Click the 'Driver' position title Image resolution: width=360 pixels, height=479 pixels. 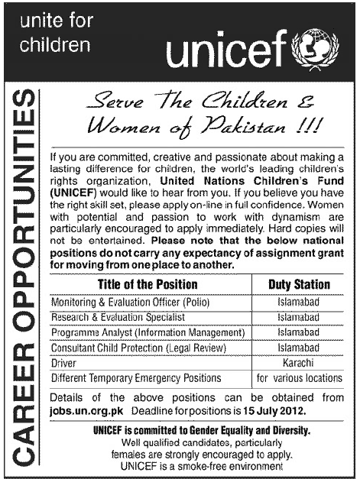(63, 363)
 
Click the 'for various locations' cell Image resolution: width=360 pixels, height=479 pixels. (299, 377)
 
